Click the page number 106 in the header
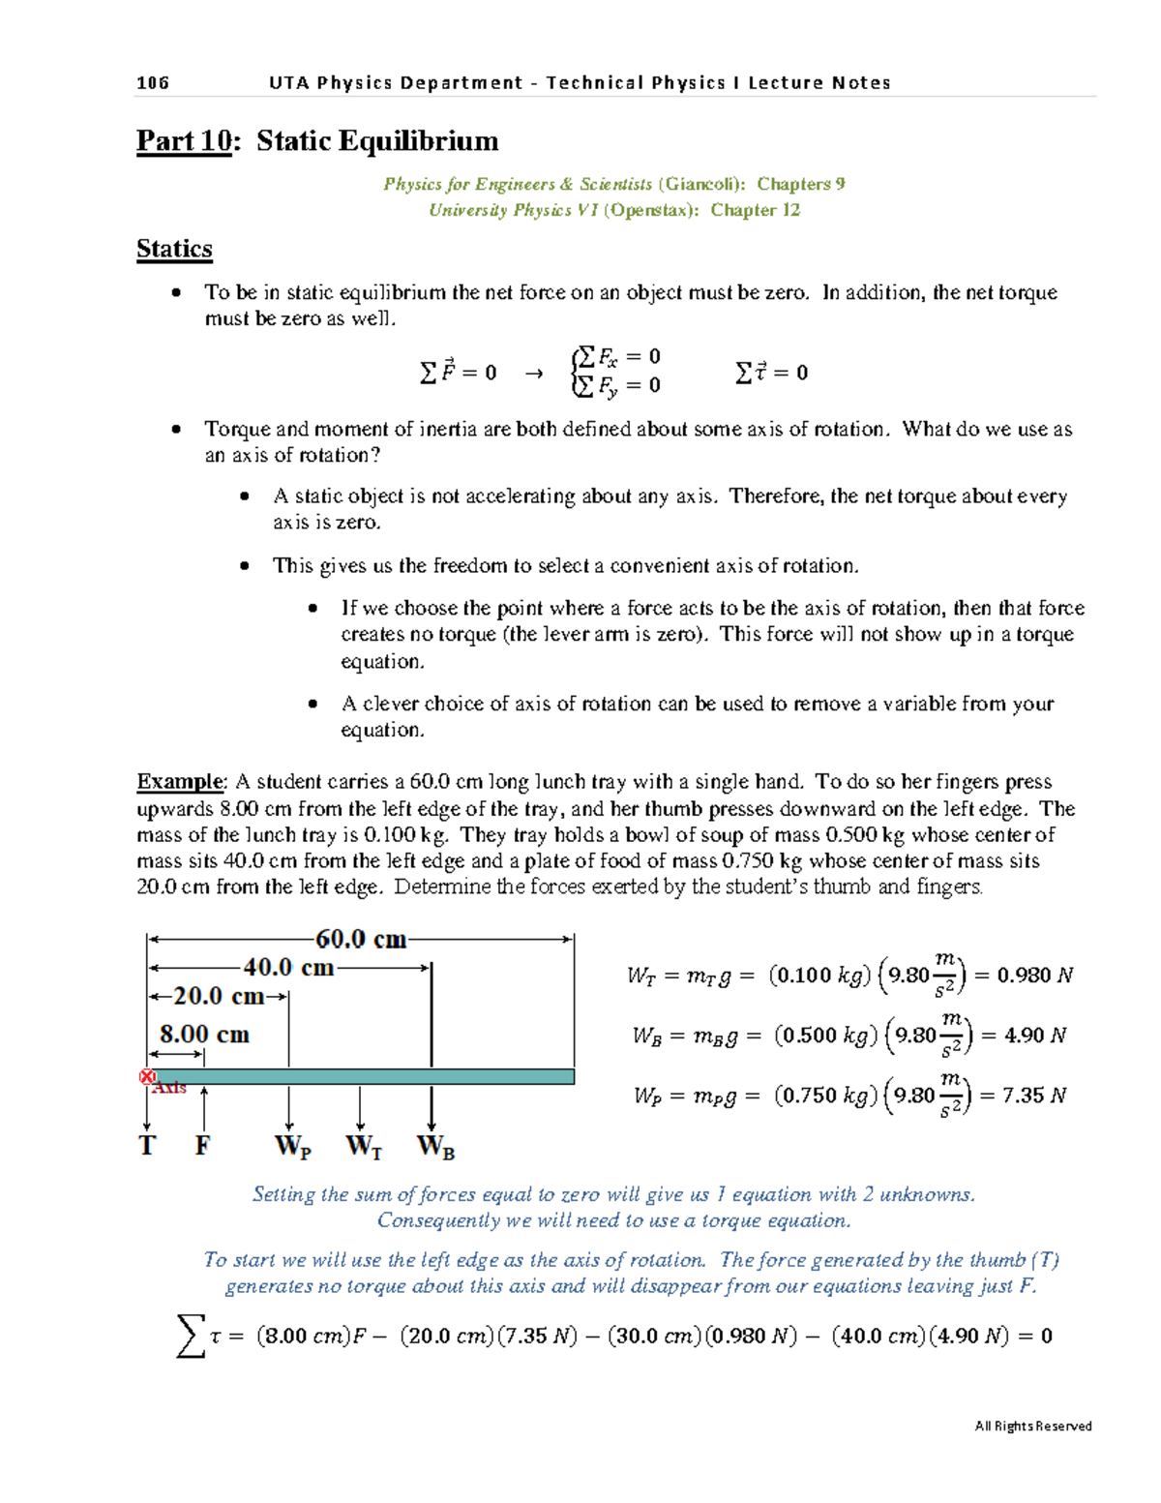click(153, 83)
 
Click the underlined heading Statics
click(174, 249)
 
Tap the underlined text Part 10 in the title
click(184, 141)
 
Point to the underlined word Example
click(180, 782)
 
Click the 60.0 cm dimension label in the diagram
click(361, 940)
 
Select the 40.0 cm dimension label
click(288, 968)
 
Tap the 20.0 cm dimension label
click(219, 996)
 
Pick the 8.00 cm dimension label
click(204, 1035)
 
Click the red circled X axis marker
click(147, 1077)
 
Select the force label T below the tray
click(147, 1146)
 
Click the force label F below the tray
click(202, 1146)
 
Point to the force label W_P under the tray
click(292, 1147)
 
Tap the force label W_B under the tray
click(435, 1147)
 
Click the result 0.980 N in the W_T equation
click(1034, 976)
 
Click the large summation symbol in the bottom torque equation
click(191, 1336)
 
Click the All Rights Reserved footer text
click(1032, 1426)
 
